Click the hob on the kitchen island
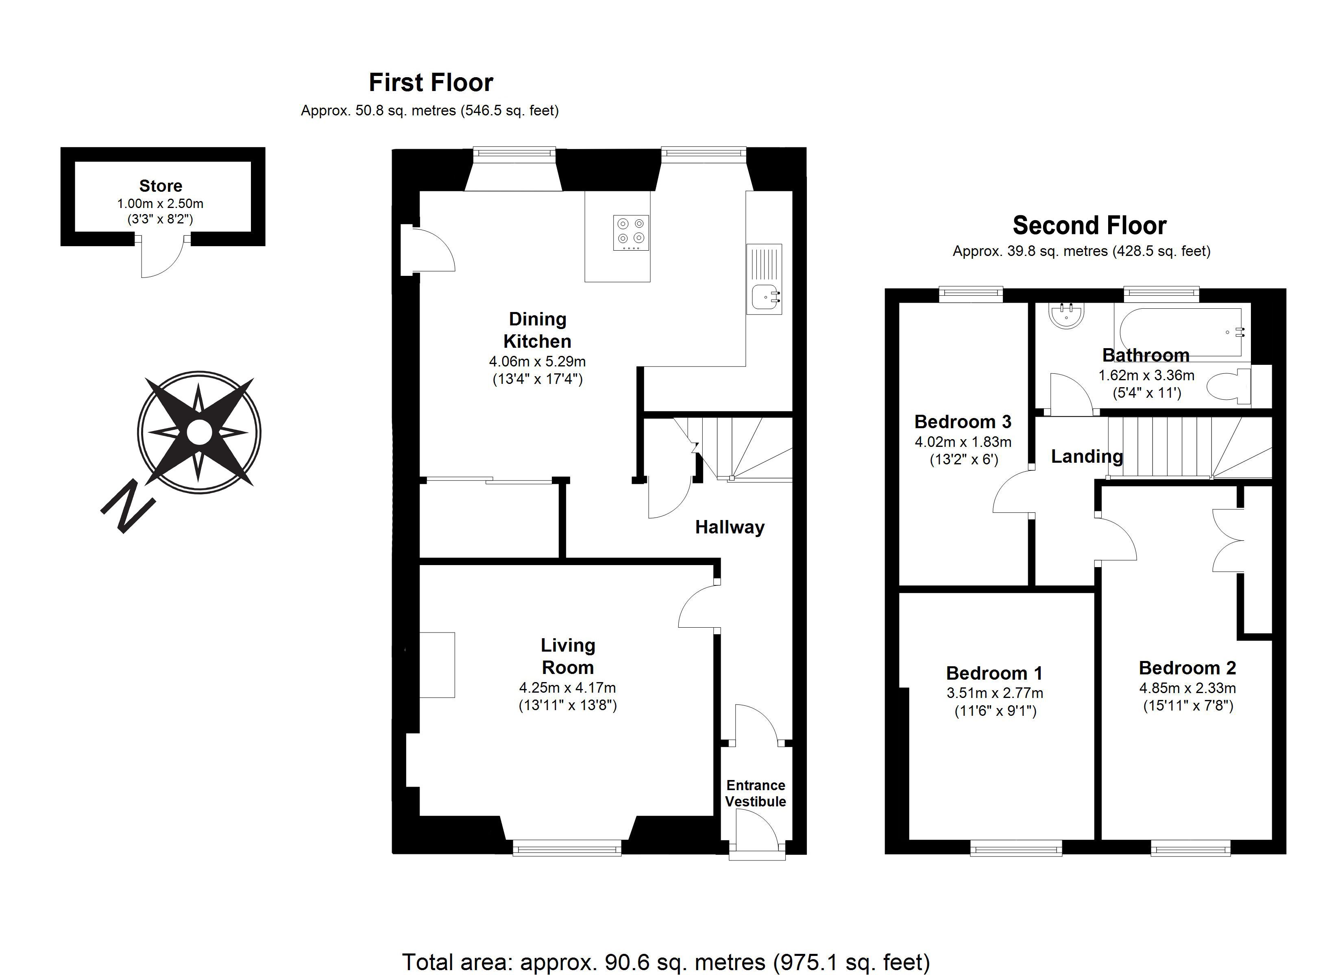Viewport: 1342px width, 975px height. (631, 233)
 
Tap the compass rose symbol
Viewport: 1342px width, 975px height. (199, 433)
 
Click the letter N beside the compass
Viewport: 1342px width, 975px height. (128, 507)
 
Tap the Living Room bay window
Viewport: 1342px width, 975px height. (567, 849)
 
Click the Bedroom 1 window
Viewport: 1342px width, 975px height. (1016, 849)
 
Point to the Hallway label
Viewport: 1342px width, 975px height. (730, 527)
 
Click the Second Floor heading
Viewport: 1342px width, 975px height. (1089, 225)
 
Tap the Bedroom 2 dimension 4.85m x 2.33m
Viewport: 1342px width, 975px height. (1187, 688)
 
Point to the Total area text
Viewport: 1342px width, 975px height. (666, 962)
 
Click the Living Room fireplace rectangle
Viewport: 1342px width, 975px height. (437, 665)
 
